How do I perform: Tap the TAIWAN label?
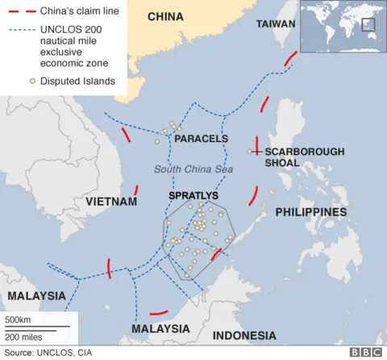tap(276, 24)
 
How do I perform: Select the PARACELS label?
tap(202, 139)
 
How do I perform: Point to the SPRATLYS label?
tap(193, 195)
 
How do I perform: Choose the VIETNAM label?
tap(110, 201)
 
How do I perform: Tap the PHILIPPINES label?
tap(311, 211)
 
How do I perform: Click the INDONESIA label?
tap(244, 335)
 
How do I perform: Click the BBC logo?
tap(366, 352)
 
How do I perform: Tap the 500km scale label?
tap(18, 320)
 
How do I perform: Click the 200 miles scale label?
tap(23, 336)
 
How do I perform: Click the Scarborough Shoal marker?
tap(249, 151)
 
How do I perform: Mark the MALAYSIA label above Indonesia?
tap(160, 329)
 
